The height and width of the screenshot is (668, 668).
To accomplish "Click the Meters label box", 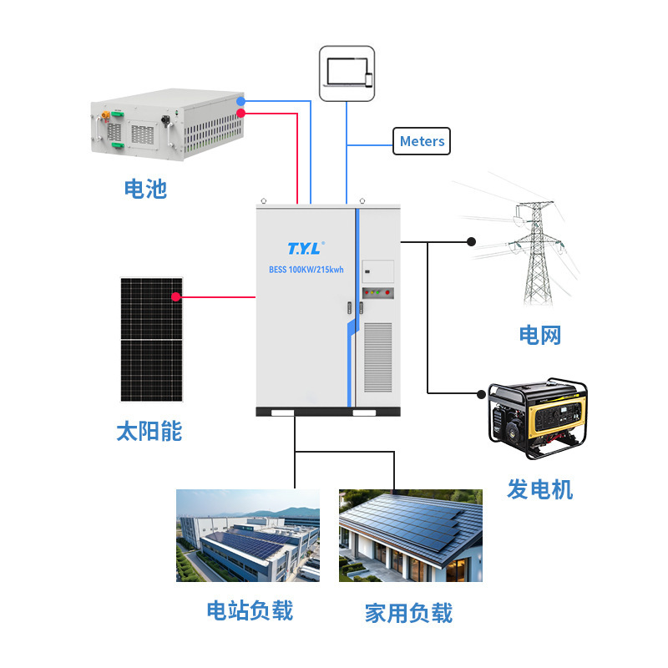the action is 422,141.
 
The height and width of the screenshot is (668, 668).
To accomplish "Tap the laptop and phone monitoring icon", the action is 347,73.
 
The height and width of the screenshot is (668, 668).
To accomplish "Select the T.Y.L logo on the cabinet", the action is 306,248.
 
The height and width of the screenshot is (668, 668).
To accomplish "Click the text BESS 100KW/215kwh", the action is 306,270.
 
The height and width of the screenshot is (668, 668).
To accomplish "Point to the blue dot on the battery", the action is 240,101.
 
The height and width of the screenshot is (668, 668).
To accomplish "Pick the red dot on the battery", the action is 240,113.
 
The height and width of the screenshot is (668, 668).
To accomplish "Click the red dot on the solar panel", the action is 176,297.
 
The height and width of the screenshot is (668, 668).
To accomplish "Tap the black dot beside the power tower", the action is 471,242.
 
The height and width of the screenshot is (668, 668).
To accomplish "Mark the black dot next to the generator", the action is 481,394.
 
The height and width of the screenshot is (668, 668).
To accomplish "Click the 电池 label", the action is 145,189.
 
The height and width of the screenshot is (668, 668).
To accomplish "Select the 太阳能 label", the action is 149,431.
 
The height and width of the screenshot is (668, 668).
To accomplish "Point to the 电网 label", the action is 539,335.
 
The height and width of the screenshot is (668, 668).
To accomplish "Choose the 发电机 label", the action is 539,489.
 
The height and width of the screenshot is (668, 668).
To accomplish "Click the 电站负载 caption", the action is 250,610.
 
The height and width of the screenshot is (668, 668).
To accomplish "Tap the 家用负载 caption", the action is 408,614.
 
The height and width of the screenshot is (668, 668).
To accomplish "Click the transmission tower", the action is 537,254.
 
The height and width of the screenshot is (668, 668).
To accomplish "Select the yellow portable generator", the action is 537,417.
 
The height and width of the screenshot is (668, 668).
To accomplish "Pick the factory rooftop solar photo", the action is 248,535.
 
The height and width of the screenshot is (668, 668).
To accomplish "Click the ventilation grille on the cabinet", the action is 378,357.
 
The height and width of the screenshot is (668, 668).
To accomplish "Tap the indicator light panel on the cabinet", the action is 378,293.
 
